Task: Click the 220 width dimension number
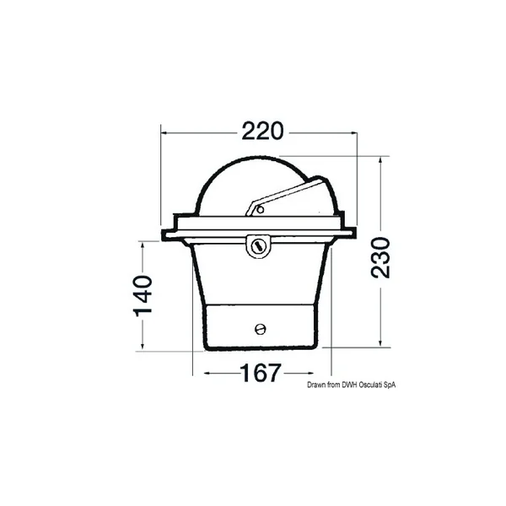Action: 261,132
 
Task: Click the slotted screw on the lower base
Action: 260,329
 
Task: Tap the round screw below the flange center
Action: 259,245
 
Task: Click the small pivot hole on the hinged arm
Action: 261,208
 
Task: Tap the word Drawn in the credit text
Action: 316,385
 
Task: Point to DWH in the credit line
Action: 349,385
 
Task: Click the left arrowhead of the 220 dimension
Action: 166,132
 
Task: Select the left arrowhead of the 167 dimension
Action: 199,372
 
